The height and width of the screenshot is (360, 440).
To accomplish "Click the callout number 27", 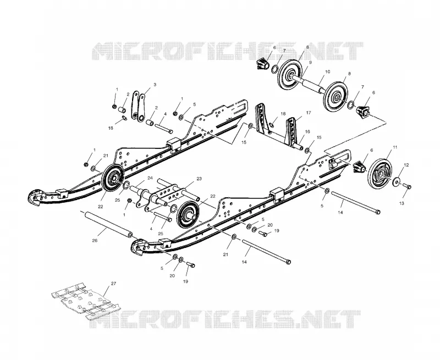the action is point(113,284).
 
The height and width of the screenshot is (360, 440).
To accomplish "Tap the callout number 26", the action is point(95,241).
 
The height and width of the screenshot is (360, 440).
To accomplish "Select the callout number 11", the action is point(395,147).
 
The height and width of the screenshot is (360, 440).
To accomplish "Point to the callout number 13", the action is point(402,203).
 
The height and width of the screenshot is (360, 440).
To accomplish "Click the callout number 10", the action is point(327,72).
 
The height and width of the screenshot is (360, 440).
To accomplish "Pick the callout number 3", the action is point(155,85).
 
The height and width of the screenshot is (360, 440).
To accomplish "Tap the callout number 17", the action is point(309,113).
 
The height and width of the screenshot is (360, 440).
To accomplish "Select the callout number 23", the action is point(199,179).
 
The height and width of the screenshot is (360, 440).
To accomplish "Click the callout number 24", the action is point(150,178).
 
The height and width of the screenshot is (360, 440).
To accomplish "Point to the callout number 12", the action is point(406,165).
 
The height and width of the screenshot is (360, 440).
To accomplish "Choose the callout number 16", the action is point(307,131).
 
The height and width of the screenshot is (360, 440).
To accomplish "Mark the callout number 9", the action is point(310,63).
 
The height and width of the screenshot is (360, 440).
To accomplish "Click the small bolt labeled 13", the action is point(406,186).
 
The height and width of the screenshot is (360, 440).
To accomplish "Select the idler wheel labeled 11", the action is point(380,174).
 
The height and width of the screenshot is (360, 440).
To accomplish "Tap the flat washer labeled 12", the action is point(397,182).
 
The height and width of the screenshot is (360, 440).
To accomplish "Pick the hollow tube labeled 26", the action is point(107,224).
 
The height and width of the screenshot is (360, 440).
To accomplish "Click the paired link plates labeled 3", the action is point(139,106).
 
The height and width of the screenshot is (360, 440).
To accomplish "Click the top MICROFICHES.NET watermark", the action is point(228,51).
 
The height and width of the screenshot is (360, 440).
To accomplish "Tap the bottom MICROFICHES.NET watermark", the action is point(225,319).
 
